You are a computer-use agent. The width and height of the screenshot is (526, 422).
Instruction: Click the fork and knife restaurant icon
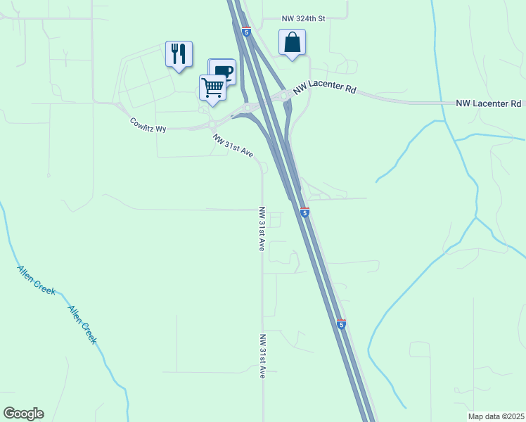coord(179,53)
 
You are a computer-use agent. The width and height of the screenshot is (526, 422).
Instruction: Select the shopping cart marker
coord(212,87)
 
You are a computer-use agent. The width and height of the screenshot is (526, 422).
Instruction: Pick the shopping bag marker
coord(292,42)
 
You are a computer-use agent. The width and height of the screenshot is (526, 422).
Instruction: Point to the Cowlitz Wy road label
coord(148,125)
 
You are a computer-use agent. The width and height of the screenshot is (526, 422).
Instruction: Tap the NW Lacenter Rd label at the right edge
coord(488,103)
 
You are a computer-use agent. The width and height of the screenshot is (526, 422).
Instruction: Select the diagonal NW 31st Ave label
coord(233,146)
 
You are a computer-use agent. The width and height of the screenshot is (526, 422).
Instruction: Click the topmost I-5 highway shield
coord(245,32)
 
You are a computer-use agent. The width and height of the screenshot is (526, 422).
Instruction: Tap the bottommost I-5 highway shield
coord(341,324)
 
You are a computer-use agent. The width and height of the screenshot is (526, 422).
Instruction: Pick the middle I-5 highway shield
coord(304,212)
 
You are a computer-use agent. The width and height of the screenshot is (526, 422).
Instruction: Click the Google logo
coord(23,414)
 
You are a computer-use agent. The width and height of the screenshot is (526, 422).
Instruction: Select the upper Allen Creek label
coord(36,280)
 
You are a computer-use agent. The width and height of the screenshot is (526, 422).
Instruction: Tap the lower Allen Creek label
coord(82,324)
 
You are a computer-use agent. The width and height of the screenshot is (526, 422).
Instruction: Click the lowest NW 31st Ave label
coord(262,356)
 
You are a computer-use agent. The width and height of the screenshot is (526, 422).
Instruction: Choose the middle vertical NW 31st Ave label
coord(261,229)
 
